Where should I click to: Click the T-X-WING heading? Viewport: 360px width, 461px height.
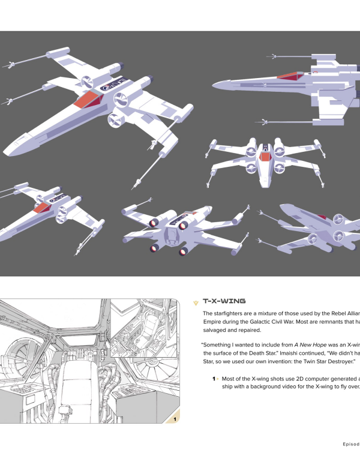224,301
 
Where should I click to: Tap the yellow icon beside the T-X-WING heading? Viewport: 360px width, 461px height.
195,301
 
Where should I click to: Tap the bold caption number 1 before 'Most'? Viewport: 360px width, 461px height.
214,379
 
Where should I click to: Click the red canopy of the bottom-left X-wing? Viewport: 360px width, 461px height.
42,208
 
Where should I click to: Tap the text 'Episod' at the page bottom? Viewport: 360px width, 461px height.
347,444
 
